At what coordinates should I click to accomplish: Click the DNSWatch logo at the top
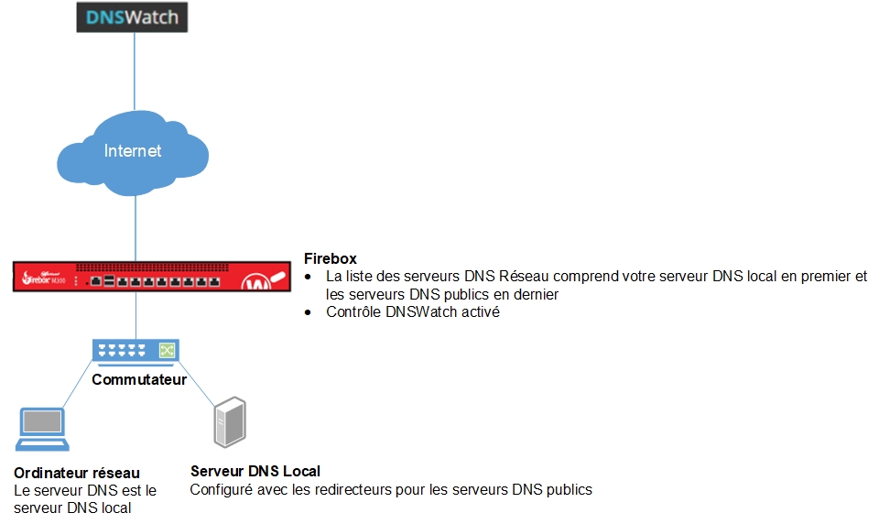pyautogui.click(x=132, y=18)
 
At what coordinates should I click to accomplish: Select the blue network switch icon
pyautogui.click(x=136, y=350)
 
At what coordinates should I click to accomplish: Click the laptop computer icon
pyautogui.click(x=42, y=428)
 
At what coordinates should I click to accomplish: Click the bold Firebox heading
pyautogui.click(x=331, y=259)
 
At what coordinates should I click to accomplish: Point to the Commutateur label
pyautogui.click(x=139, y=379)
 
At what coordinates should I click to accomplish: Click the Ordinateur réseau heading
pyautogui.click(x=77, y=473)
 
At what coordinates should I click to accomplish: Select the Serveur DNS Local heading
pyautogui.click(x=255, y=471)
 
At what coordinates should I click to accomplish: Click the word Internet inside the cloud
pyautogui.click(x=133, y=150)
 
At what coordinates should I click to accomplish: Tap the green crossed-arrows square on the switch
pyautogui.click(x=167, y=350)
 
